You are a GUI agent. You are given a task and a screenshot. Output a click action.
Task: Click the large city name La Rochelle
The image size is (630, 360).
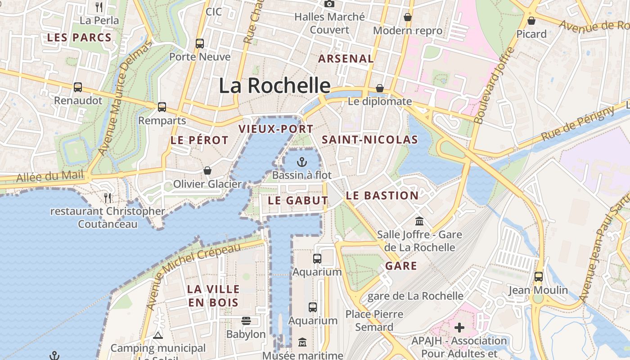(x=274, y=85)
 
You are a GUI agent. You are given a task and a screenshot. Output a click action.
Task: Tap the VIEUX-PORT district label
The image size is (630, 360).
(x=276, y=129)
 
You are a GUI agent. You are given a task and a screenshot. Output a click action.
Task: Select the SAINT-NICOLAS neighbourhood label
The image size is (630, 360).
(x=370, y=140)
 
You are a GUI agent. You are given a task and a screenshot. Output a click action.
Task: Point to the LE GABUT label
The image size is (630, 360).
(x=298, y=201)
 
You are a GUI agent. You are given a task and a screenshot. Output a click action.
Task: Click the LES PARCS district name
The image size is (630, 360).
(x=79, y=38)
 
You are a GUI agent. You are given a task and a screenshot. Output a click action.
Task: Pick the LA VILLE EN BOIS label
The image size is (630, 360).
(x=213, y=296)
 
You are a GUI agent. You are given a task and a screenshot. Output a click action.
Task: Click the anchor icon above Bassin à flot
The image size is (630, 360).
(x=301, y=162)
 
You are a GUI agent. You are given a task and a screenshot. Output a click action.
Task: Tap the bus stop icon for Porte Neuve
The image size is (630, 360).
(x=200, y=44)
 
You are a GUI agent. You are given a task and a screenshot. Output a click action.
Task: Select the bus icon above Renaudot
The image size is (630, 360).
(x=78, y=87)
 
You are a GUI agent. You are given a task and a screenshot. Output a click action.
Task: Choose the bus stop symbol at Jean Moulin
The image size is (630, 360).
(x=539, y=277)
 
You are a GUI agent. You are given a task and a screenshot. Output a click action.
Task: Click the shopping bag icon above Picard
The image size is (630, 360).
(x=531, y=21)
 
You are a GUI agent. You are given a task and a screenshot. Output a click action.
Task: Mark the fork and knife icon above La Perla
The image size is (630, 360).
(x=99, y=7)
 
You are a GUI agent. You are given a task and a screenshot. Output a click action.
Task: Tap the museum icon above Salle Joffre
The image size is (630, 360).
(x=419, y=221)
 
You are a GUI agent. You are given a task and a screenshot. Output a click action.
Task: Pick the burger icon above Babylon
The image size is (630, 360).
(x=246, y=321)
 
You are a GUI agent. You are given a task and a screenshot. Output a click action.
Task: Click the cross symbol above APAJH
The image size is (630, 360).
(x=459, y=327)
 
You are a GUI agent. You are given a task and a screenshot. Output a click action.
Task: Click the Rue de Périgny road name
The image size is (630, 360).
(x=578, y=123)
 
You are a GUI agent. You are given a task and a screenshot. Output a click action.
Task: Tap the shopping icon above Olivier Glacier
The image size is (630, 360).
(x=207, y=171)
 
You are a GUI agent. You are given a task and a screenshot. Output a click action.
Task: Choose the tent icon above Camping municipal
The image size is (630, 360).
(x=157, y=335)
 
